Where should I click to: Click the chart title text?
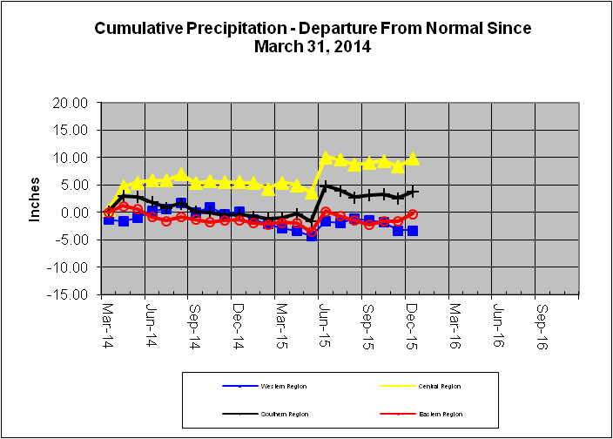click(x=313, y=37)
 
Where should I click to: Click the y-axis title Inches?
click(x=36, y=199)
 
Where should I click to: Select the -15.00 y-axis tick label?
click(x=69, y=294)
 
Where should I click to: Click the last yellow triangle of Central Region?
click(x=413, y=159)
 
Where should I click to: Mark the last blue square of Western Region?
click(x=413, y=231)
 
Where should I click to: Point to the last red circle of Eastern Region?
click(x=413, y=214)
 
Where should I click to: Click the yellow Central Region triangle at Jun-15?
click(x=327, y=158)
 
